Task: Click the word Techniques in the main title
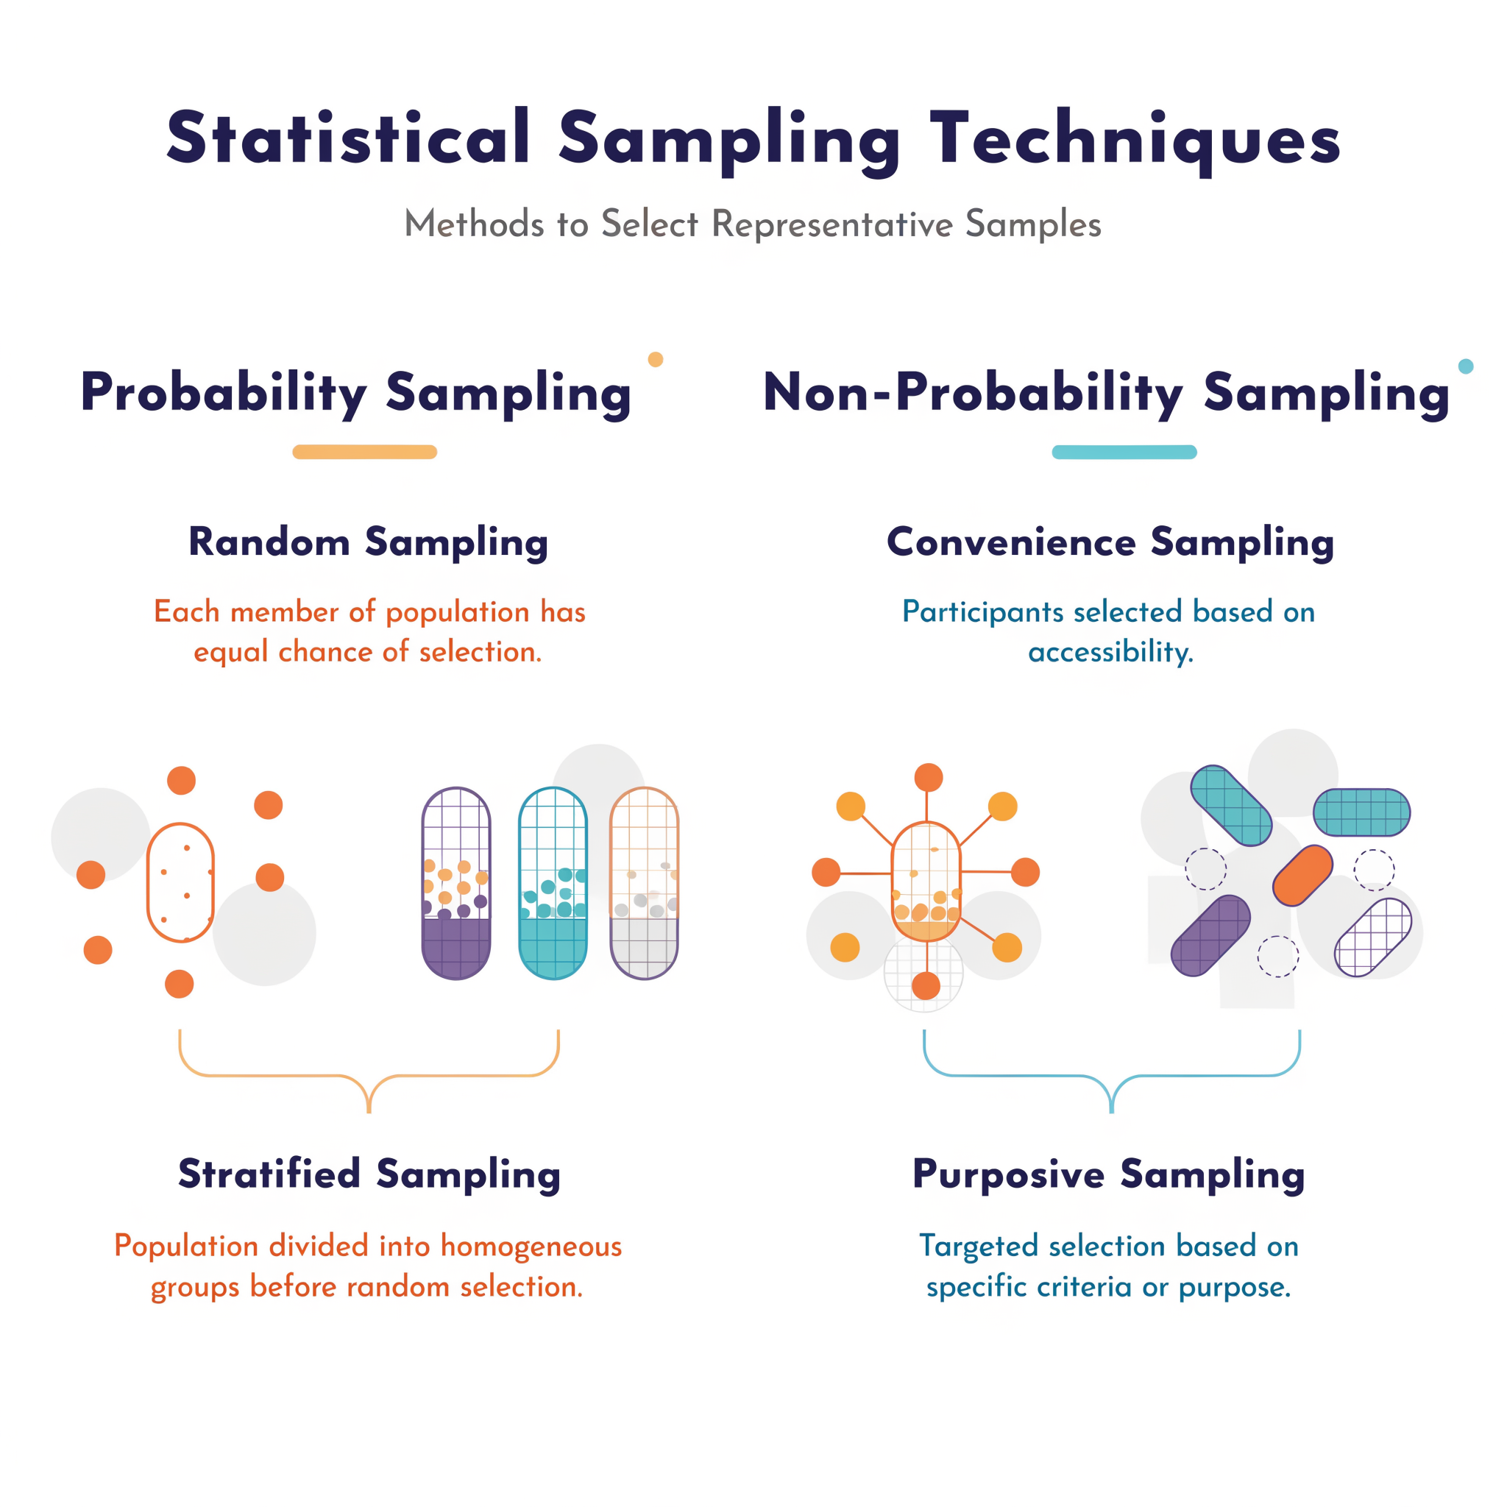point(1135,139)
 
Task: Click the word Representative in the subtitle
point(832,224)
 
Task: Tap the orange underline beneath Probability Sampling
point(364,453)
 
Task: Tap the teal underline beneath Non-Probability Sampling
point(1124,453)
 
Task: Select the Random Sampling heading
point(368,542)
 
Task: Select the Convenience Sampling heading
point(1110,542)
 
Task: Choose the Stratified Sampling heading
point(369,1174)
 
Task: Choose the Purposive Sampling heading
point(1108,1174)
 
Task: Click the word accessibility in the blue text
point(1110,652)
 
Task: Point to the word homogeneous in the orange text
point(531,1247)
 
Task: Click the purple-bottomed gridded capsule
point(456,883)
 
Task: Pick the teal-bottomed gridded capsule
point(553,883)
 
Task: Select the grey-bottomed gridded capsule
point(645,883)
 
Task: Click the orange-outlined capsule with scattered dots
point(180,882)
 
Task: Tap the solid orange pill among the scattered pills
point(1302,875)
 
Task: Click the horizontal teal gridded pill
point(1362,812)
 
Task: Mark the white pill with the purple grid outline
point(1373,937)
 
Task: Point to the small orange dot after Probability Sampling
point(656,360)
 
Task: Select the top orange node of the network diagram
point(928,778)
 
